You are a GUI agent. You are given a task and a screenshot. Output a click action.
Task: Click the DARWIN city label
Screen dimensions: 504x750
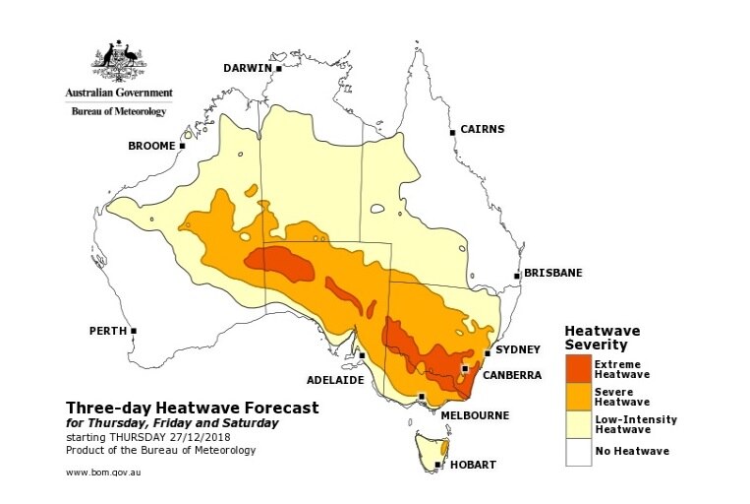[x=247, y=69]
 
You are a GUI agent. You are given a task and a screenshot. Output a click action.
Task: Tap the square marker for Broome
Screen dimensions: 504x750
[x=182, y=146]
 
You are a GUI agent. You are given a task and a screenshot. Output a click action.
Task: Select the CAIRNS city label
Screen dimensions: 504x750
[x=483, y=129]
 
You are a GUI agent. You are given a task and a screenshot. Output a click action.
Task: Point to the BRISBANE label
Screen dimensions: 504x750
[x=554, y=273]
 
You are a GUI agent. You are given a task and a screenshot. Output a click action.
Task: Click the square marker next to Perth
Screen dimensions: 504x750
[x=134, y=331]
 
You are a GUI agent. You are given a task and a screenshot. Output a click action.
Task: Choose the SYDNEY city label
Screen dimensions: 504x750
[x=519, y=350]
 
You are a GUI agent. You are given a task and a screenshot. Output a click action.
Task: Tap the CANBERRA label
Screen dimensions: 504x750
[x=510, y=375]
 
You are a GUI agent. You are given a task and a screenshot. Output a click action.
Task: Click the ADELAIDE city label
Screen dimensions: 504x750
[x=335, y=379]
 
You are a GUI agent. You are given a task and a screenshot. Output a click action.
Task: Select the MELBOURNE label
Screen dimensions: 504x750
[x=475, y=415]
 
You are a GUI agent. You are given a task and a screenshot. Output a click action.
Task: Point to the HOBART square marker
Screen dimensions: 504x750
[x=437, y=465]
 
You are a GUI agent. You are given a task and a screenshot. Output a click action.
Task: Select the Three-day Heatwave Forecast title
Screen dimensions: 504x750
[x=192, y=408]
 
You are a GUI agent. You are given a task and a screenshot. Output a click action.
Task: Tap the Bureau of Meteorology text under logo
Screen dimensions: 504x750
[x=119, y=112]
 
